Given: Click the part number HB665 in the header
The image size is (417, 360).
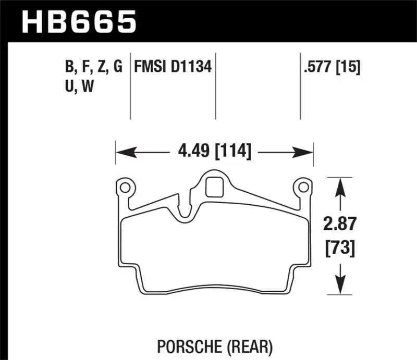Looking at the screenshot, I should pyautogui.click(x=78, y=22).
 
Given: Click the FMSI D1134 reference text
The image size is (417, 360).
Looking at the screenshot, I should pyautogui.click(x=173, y=67).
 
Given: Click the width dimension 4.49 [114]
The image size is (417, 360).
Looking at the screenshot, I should pyautogui.click(x=214, y=152).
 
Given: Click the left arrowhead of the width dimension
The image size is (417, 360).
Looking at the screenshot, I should pyautogui.click(x=121, y=153).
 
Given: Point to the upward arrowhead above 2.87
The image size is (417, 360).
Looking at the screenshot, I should pyautogui.click(x=340, y=183).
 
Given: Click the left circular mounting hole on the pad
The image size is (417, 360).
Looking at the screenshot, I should pyautogui.click(x=125, y=187).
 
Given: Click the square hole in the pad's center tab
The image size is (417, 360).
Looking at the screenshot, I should pyautogui.click(x=214, y=187).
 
